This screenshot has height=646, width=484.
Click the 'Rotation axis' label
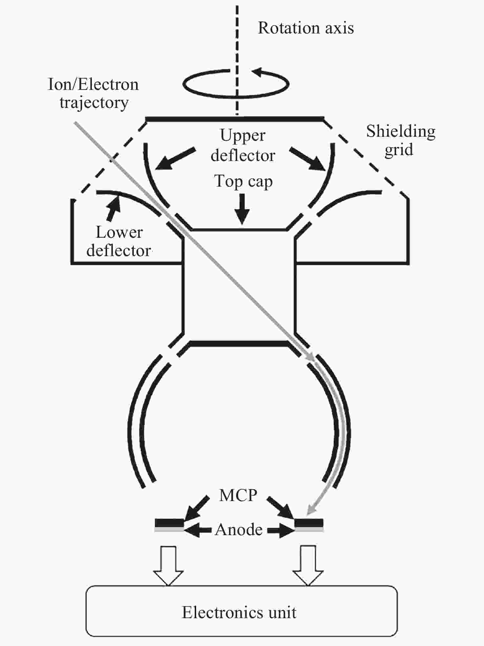(306, 28)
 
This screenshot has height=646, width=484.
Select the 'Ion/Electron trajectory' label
(93, 93)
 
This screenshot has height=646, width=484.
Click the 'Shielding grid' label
(400, 140)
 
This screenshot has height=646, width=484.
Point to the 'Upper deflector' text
(243, 145)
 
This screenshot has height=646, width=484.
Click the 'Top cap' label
(243, 181)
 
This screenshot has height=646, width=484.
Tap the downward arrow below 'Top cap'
(242, 210)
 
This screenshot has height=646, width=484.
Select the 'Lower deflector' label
(119, 242)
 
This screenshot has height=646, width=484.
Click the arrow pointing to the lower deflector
(113, 209)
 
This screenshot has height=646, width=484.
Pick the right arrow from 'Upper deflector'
(308, 159)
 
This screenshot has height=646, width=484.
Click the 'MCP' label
(238, 495)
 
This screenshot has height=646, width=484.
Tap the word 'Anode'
(239, 530)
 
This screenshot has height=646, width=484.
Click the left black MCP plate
(169, 522)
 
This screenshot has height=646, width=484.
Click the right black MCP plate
(309, 522)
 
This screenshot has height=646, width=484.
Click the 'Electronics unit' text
(239, 613)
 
